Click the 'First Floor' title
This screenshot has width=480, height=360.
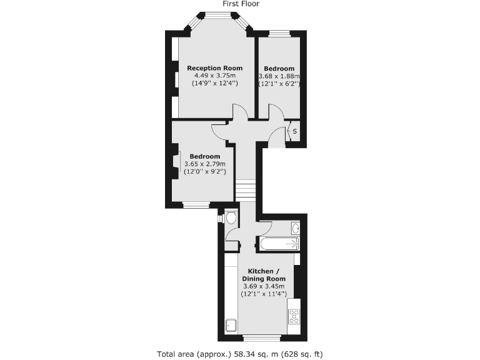coord(241,4)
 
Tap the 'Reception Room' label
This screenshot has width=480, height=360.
coord(215,68)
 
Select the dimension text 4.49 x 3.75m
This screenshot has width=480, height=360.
coord(215,76)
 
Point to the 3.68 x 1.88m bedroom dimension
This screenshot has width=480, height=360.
coord(279,76)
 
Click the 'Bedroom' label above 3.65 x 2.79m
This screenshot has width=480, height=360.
coord(205,156)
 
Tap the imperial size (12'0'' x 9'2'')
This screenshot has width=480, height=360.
coord(205,171)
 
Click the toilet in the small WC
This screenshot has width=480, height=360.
coord(231,218)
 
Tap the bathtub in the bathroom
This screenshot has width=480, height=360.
coord(279,244)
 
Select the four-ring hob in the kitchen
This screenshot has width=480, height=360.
coord(294,317)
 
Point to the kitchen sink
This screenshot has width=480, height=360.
coord(231,324)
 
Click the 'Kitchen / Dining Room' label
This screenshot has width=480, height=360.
coord(263,275)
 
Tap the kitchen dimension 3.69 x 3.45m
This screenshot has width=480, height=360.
coord(263,286)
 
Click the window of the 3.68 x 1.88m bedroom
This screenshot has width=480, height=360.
coord(280,33)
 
